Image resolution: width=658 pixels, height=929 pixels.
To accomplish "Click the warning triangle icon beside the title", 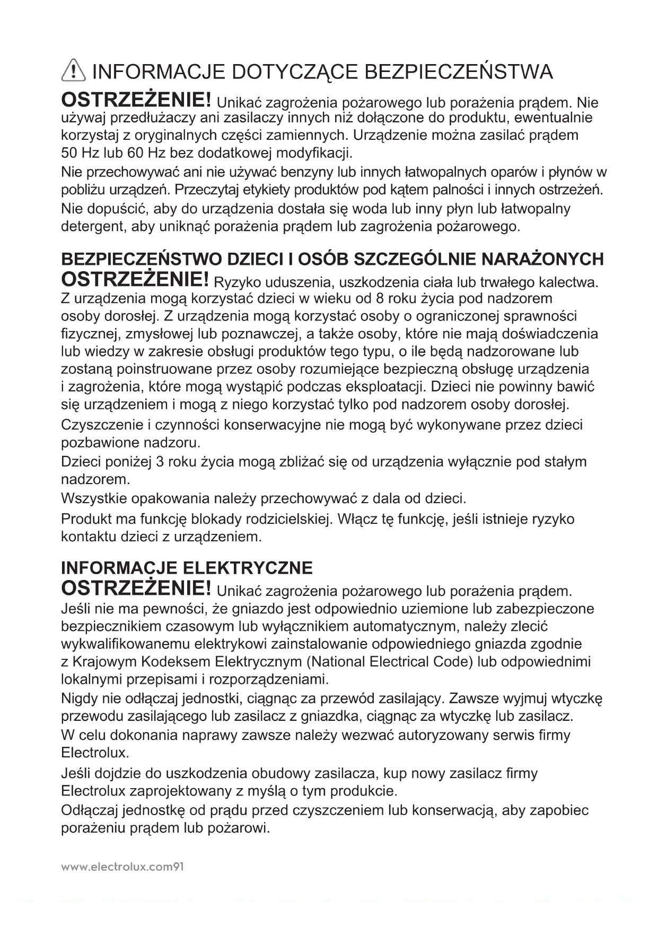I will click(73, 71).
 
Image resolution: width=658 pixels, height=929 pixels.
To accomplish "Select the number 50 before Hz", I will click(69, 154).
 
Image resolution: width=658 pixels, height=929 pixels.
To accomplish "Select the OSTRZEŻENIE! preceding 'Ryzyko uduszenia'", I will click(136, 279).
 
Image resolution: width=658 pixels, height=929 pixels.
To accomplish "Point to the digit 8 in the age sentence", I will click(380, 299).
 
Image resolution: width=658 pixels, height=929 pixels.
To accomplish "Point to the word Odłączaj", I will click(90, 811).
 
